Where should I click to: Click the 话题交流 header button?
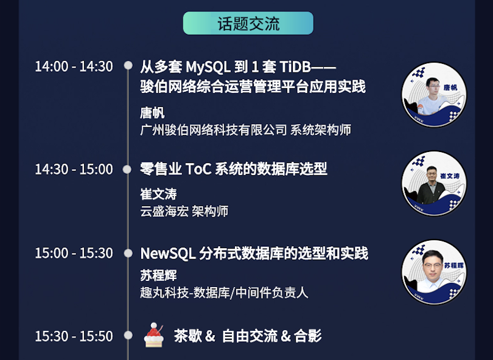click(x=248, y=23)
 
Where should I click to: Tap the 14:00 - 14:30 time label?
click(x=74, y=66)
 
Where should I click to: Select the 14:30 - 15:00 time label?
click(x=74, y=169)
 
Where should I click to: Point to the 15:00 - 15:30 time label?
click(x=74, y=253)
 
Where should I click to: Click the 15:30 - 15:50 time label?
click(x=74, y=336)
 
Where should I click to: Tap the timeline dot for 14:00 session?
click(x=128, y=65)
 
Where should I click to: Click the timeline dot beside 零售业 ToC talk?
click(x=127, y=169)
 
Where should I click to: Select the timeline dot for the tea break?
click(x=128, y=335)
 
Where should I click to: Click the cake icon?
click(x=154, y=335)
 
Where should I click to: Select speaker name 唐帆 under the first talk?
click(x=152, y=113)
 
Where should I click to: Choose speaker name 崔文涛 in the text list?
click(x=158, y=194)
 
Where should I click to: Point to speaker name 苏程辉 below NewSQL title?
click(x=158, y=275)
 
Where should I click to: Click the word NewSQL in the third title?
click(x=168, y=254)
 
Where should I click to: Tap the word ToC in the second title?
click(x=198, y=169)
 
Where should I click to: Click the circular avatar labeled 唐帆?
click(x=434, y=94)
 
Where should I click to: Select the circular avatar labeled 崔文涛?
click(x=434, y=184)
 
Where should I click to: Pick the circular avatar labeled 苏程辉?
click(x=434, y=272)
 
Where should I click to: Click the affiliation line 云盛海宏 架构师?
click(x=184, y=212)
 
